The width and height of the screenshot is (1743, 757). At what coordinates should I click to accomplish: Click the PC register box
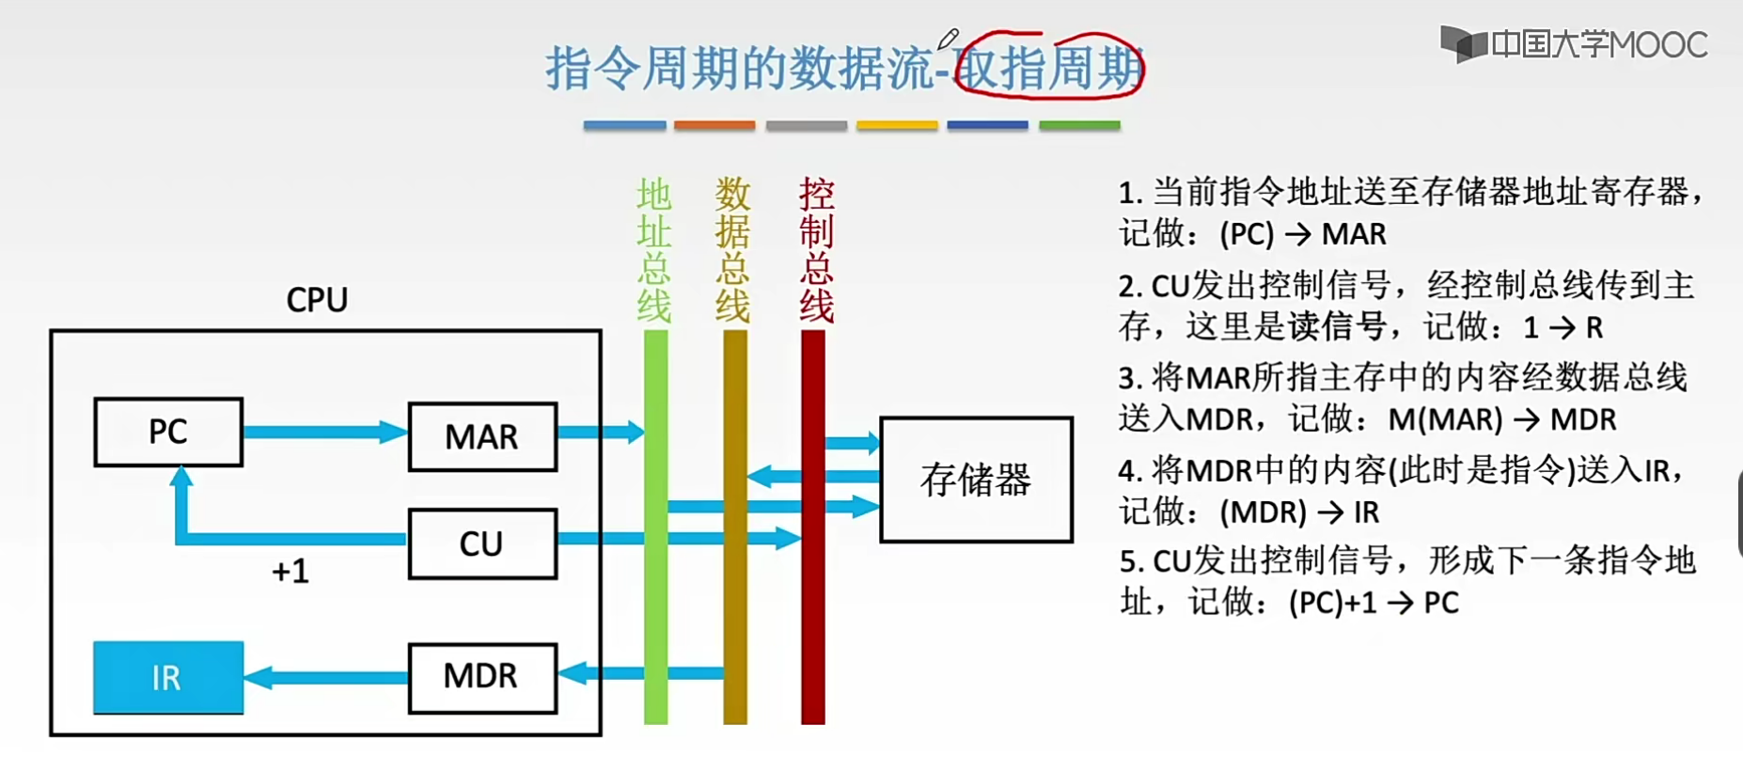pos(168,432)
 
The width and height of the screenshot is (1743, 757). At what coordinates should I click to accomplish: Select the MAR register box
pos(482,436)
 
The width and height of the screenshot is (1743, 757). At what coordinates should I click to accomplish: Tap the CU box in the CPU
pos(482,544)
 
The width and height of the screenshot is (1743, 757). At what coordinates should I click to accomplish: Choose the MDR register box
pos(482,677)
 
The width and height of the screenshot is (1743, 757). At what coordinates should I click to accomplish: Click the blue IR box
pos(168,677)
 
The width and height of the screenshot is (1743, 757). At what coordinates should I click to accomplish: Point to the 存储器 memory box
pos(976,480)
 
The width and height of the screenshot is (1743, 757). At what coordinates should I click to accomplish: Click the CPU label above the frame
pos(317,300)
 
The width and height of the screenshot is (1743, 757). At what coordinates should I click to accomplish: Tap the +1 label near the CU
pos(290,571)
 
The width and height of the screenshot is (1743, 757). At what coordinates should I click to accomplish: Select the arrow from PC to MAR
pos(324,433)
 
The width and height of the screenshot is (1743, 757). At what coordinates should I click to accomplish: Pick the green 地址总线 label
pos(654,250)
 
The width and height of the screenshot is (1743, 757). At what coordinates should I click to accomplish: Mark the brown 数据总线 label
pos(732,250)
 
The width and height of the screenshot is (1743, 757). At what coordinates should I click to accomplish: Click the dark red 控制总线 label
pos(816,250)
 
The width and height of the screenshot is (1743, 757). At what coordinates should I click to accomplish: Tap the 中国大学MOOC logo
pos(1575,44)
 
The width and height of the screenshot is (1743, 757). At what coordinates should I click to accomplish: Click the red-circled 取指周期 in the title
pos(1049,68)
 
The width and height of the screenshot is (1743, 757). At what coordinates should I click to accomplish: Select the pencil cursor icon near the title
pos(948,39)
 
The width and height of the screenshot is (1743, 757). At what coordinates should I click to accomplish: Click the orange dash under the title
pos(714,125)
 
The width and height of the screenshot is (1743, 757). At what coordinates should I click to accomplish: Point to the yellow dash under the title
pos(897,125)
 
